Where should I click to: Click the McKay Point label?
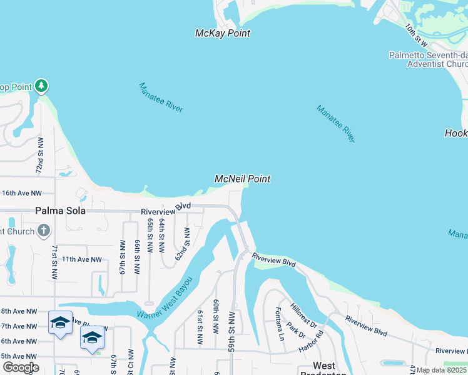223,33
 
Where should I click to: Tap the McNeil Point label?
243,179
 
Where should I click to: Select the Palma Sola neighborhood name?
61,211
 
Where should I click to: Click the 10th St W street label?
415,36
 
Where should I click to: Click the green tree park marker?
41,85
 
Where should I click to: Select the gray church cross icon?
43,231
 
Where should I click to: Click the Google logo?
20,367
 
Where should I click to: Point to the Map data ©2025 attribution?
441,370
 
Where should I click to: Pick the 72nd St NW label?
39,161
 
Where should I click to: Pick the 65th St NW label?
150,235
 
